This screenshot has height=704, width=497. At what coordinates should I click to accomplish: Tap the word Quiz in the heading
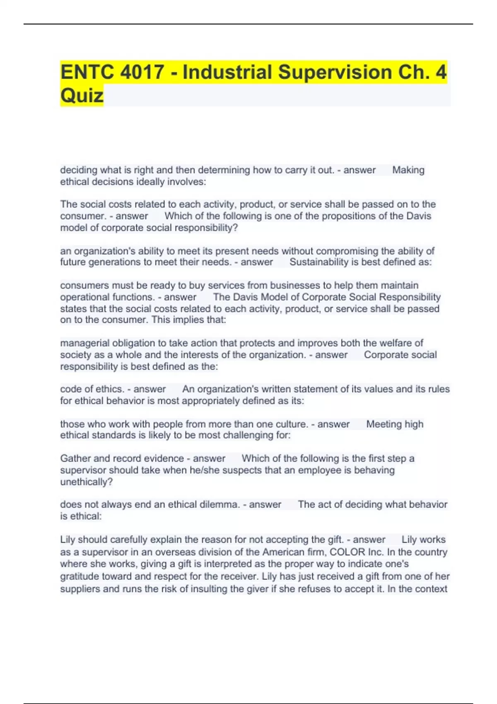pos(82,96)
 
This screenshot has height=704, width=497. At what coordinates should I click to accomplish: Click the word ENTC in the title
pos(87,72)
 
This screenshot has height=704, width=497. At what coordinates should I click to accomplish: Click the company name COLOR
pos(347,552)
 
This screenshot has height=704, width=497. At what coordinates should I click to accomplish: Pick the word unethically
pos(86,482)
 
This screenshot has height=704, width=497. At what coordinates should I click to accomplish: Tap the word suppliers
pos(80,589)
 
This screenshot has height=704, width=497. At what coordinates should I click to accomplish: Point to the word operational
pos(84,297)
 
